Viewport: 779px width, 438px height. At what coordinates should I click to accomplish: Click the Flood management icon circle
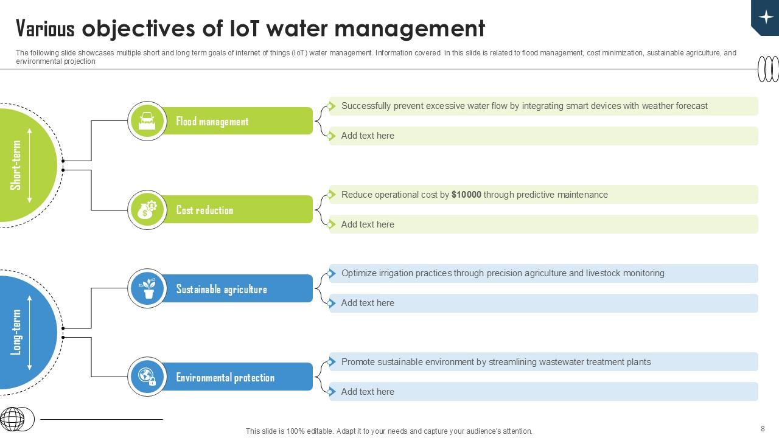coord(147,121)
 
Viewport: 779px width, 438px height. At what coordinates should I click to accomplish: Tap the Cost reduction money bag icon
coord(147,210)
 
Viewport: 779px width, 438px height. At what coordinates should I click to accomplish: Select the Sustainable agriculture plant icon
coord(147,288)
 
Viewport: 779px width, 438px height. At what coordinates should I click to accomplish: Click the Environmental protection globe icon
coord(147,377)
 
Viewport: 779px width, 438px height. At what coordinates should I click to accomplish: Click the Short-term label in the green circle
coord(16,165)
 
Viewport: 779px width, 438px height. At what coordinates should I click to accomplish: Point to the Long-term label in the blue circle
coord(16,332)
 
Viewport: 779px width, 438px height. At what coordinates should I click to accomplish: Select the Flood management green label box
coord(237,121)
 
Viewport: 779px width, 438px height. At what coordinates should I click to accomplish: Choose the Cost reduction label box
coord(237,210)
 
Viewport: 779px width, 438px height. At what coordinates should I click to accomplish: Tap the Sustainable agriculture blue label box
coord(237,289)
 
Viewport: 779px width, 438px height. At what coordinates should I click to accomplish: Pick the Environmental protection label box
coord(237,377)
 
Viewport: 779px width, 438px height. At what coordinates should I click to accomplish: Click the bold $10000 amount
coord(466,195)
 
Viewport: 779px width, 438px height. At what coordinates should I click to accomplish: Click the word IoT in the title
coord(245,29)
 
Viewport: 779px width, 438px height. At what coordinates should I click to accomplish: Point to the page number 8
coord(763,428)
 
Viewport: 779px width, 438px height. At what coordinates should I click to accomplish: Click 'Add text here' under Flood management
coord(368,136)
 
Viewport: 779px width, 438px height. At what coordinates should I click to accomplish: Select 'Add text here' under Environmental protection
coord(368,392)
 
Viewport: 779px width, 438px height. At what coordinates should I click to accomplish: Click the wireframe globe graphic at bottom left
coord(13,419)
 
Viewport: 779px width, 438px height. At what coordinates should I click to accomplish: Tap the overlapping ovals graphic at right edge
coord(768,69)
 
